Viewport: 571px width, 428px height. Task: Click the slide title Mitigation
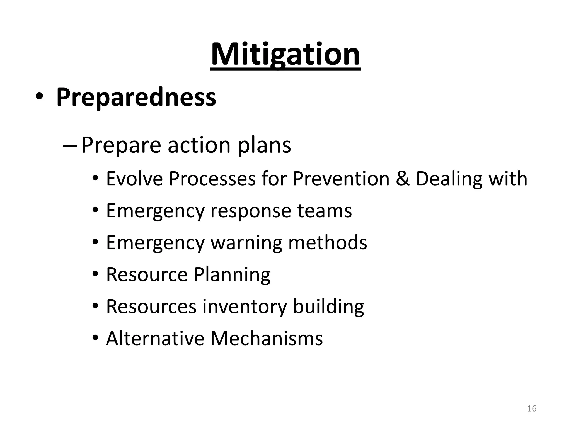(x=285, y=54)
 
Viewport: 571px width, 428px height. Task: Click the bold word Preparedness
(x=136, y=97)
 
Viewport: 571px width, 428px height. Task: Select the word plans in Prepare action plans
(x=264, y=145)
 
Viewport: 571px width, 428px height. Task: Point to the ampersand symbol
(x=403, y=179)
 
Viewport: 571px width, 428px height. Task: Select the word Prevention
(x=341, y=179)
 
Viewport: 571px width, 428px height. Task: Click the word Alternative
(x=155, y=338)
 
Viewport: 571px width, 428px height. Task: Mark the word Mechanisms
(x=267, y=338)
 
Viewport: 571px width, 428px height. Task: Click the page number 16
(x=532, y=408)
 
